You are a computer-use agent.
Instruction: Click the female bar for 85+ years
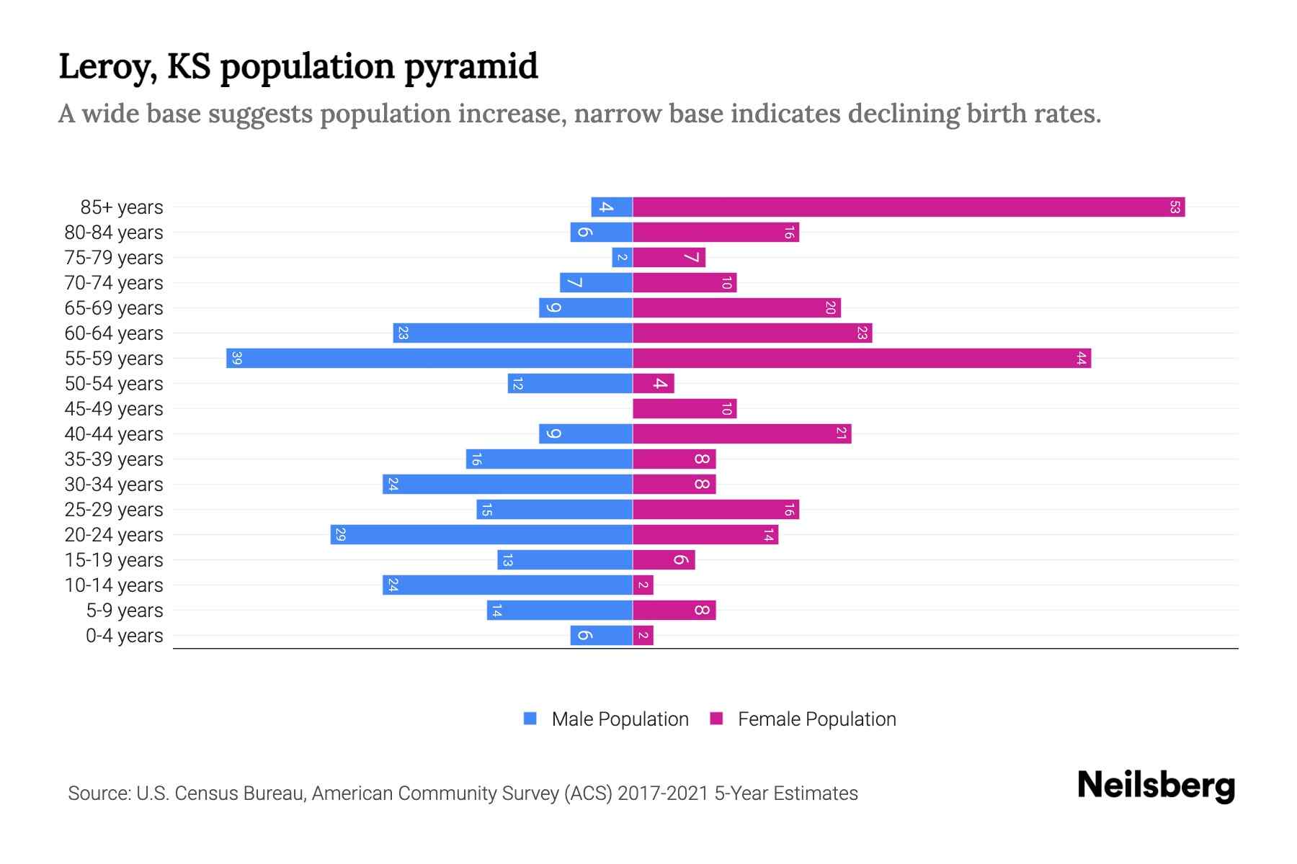908,207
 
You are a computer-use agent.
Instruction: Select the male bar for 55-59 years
429,359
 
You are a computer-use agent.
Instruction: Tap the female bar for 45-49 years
685,409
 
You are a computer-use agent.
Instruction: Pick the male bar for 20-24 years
481,535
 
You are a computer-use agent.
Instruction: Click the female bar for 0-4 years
643,636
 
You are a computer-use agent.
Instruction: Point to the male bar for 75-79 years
622,258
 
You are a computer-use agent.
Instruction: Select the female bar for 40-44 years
742,434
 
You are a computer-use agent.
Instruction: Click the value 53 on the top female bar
1175,207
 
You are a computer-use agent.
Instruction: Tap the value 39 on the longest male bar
236,359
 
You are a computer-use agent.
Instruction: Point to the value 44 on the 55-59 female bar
1081,359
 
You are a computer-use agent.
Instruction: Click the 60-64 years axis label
114,333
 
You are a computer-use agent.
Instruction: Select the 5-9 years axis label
124,611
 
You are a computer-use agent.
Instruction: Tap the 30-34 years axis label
114,485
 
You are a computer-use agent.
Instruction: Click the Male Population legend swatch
530,719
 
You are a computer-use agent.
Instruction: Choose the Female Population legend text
816,719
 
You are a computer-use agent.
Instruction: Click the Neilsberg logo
1156,786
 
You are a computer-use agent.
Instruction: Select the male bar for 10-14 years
507,585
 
